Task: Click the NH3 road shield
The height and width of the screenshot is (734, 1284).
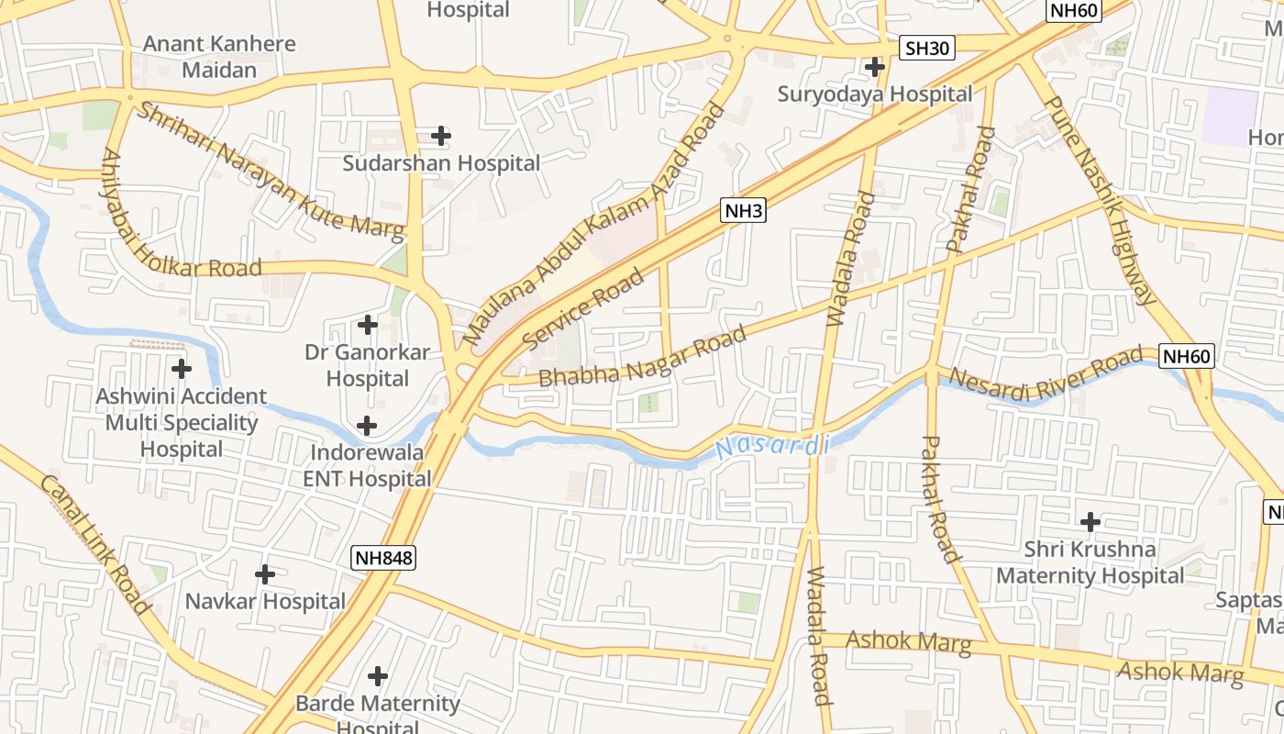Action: coord(744,211)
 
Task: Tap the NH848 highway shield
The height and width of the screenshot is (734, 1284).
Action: coord(383,557)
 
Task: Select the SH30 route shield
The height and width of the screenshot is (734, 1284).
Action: coord(926,49)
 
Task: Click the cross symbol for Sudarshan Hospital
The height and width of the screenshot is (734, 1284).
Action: coord(441,136)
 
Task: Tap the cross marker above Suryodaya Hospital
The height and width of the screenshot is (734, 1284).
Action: coord(875,67)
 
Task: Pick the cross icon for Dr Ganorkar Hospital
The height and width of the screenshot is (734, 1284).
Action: coord(368,325)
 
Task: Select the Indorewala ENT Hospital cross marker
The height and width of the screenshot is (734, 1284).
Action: coord(367,426)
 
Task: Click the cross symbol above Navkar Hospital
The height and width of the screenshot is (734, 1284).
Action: coord(265,575)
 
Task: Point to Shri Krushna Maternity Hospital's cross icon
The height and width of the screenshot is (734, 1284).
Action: coord(1090,523)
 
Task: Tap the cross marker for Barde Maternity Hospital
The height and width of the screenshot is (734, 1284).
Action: coord(378,677)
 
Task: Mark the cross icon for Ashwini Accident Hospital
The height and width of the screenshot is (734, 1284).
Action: coord(182,369)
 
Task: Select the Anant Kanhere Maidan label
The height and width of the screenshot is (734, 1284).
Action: coord(219,56)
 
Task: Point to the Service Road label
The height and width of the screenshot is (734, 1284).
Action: coord(583,309)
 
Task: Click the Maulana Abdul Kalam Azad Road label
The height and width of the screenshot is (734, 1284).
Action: coord(593,225)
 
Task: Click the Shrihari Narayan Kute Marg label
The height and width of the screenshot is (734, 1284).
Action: coord(271,172)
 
